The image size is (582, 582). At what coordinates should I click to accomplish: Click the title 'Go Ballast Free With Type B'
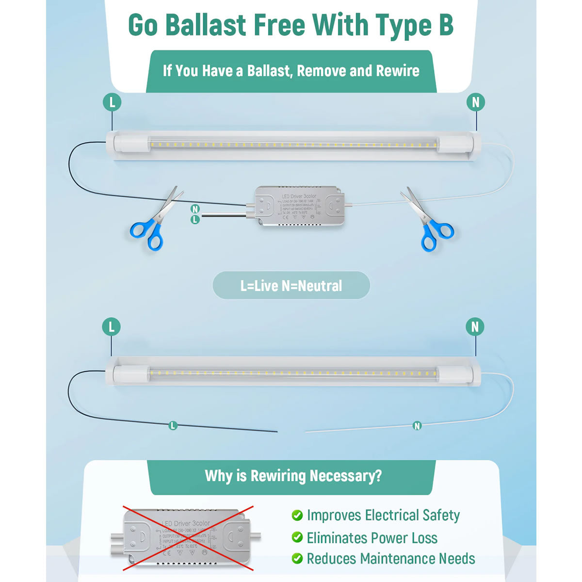pyautogui.click(x=291, y=25)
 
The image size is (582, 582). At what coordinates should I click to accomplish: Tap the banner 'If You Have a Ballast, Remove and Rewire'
pyautogui.click(x=291, y=71)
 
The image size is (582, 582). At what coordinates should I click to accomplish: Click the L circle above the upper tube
pyautogui.click(x=112, y=102)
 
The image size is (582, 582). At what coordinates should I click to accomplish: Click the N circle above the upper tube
pyautogui.click(x=475, y=102)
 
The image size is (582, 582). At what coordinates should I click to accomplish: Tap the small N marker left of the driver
pyautogui.click(x=195, y=209)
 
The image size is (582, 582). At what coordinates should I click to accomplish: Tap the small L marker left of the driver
pyautogui.click(x=195, y=220)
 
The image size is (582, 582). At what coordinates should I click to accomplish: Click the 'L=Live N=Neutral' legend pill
pyautogui.click(x=291, y=286)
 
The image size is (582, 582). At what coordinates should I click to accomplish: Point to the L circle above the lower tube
pyautogui.click(x=112, y=327)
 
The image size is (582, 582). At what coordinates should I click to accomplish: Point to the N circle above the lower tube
pyautogui.click(x=475, y=327)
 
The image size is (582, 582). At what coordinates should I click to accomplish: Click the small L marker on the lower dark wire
pyautogui.click(x=173, y=426)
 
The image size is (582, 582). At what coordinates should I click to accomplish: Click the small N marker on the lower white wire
pyautogui.click(x=417, y=426)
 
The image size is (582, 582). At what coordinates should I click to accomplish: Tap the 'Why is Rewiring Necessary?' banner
pyautogui.click(x=293, y=476)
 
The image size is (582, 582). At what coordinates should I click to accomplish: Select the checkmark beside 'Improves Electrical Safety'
pyautogui.click(x=297, y=515)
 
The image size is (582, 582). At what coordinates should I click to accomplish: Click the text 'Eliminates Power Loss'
pyautogui.click(x=372, y=538)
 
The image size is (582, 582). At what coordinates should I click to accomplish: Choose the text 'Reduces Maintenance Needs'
pyautogui.click(x=391, y=559)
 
